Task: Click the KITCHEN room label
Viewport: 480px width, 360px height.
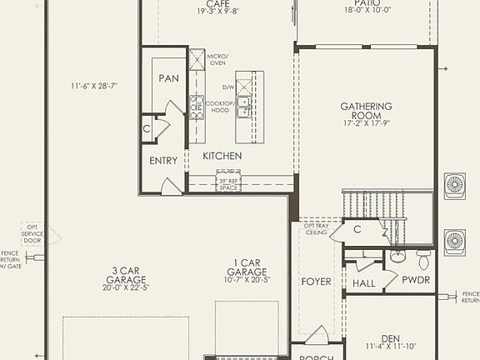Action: point(222,156)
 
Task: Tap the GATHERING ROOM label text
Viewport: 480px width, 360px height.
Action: point(366,112)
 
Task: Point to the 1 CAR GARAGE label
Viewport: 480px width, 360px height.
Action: point(246,272)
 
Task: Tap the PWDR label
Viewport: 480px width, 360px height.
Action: point(416,280)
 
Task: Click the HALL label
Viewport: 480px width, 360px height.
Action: point(363,284)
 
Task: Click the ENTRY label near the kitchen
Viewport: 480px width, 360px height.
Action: point(163,161)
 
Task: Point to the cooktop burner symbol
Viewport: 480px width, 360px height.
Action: point(197,107)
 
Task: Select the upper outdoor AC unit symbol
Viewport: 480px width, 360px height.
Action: point(455,183)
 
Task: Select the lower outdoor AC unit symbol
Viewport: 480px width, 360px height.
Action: point(455,242)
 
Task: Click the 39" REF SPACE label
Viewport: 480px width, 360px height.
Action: point(228,183)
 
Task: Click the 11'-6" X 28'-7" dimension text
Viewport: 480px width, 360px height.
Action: point(94,87)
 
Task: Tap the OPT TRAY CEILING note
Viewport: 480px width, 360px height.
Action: point(316,229)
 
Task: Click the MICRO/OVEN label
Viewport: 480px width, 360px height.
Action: point(217,61)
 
